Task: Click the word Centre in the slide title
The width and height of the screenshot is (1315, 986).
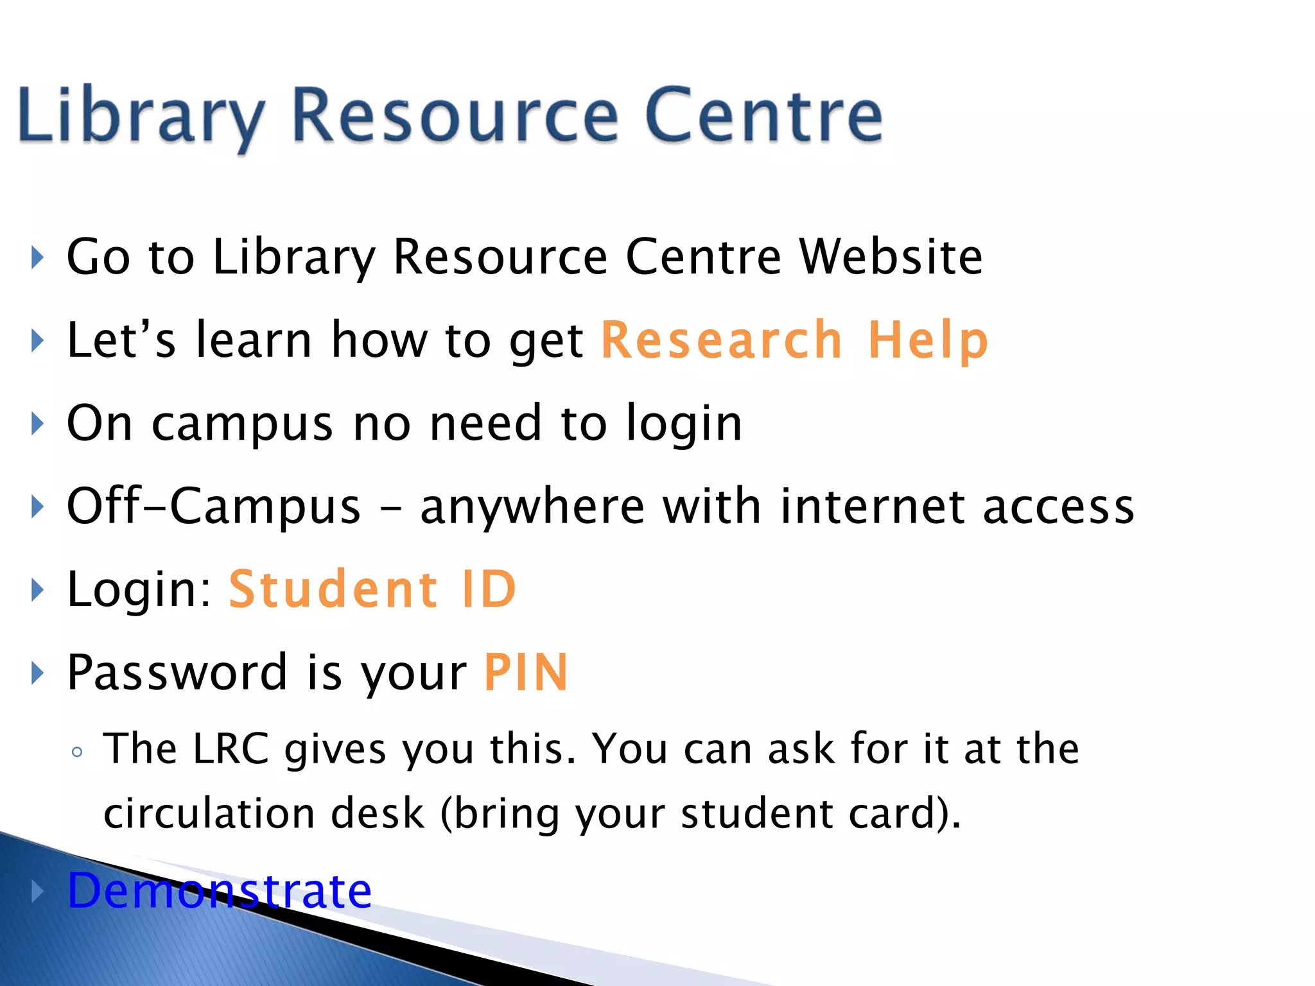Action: coord(764,116)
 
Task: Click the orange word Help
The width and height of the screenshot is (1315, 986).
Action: coord(928,340)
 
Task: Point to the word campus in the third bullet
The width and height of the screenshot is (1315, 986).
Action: coord(242,424)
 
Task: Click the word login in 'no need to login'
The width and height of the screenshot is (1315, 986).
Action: coord(684,424)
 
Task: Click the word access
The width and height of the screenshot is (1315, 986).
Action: coord(1059,506)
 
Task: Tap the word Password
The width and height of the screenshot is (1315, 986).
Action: coord(177,672)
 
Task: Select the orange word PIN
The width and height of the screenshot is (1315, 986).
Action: coord(526,672)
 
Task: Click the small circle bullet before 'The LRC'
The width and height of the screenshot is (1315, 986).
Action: coord(77,752)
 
